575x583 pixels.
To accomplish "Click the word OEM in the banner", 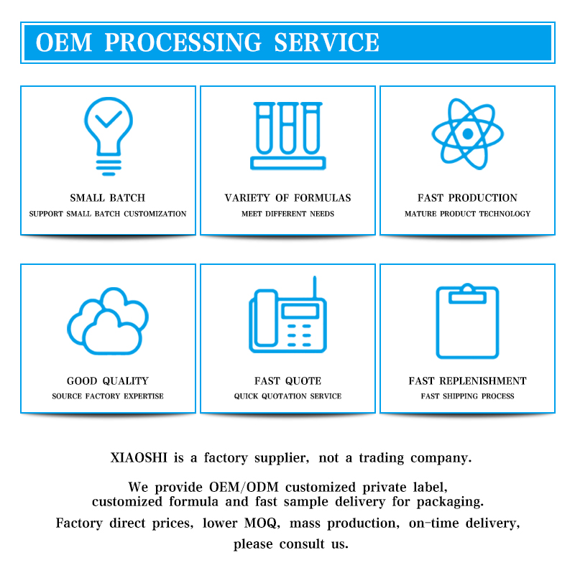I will tap(64, 42).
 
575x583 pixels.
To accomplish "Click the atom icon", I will tap(467, 134).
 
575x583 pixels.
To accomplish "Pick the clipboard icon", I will tap(467, 321).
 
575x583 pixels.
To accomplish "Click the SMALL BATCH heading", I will tap(108, 198).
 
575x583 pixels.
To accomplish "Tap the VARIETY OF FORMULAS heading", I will tap(287, 198).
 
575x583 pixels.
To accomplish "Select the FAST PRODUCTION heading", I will tap(467, 198).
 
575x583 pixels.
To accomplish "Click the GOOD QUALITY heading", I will tap(108, 381).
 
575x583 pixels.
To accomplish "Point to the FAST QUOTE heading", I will tap(287, 381).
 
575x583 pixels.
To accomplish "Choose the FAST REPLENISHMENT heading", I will tap(467, 381).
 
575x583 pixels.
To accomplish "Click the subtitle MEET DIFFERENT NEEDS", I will tap(287, 214).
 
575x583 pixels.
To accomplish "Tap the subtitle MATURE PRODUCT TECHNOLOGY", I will tap(467, 214).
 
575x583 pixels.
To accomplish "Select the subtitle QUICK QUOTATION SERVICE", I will tap(287, 396).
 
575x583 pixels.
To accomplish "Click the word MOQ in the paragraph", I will tap(317, 523).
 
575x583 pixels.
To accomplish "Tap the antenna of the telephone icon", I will tap(314, 289).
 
